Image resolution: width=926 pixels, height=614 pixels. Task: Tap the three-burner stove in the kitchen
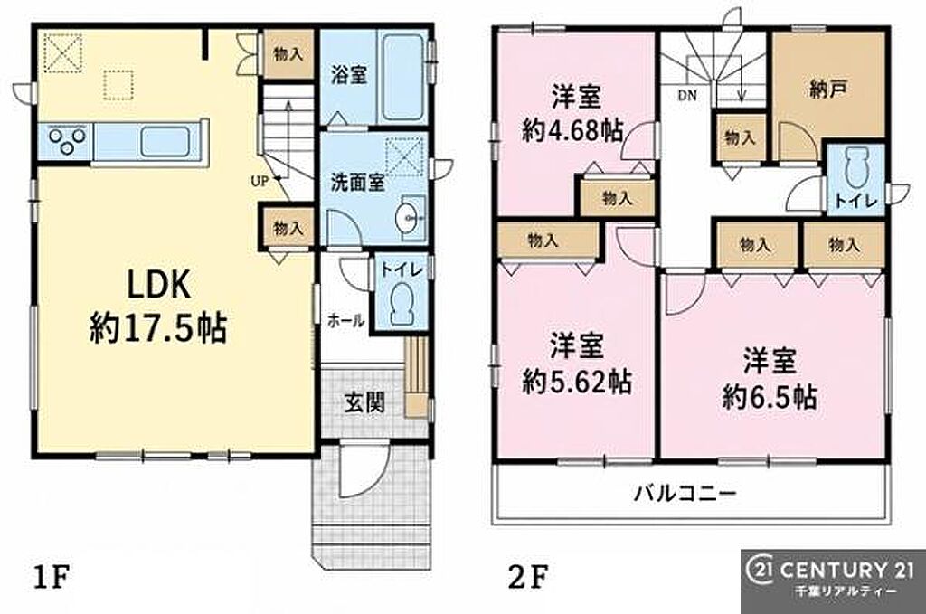[65, 141]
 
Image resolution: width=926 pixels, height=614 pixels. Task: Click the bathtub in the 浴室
[403, 77]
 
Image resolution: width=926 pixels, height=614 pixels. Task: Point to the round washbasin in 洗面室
[410, 219]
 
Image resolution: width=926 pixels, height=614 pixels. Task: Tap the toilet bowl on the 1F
[402, 301]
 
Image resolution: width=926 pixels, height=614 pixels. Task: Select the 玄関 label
[365, 403]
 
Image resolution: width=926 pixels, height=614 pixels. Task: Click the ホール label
[346, 321]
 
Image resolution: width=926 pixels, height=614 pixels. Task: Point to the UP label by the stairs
[260, 181]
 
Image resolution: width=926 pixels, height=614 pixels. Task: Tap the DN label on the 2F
[687, 95]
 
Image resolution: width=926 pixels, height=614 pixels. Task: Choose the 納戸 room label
[828, 90]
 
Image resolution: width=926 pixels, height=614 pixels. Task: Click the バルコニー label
[685, 493]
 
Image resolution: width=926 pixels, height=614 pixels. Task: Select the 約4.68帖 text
[572, 130]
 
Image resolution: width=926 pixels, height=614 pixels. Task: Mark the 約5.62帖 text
[577, 382]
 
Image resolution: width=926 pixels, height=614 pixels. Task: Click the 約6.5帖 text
[770, 397]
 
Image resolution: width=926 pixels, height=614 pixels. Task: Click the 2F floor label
[528, 578]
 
